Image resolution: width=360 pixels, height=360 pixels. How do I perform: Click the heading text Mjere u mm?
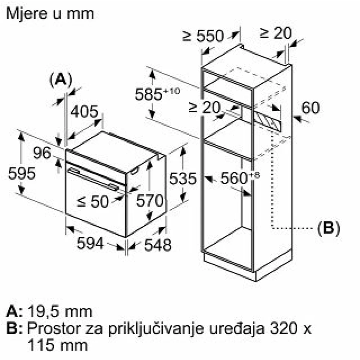coord(50,14)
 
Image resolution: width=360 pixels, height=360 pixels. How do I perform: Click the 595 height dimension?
coord(22,174)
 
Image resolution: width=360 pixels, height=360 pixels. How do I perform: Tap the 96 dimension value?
coord(42,153)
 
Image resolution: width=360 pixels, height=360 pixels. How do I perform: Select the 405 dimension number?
coord(84,112)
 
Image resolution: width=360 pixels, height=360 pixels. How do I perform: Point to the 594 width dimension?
coord(90,243)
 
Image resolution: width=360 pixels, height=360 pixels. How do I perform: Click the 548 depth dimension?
coord(158,245)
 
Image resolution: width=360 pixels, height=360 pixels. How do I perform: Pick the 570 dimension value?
coord(150,201)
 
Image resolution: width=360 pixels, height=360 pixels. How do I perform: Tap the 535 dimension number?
coord(183,179)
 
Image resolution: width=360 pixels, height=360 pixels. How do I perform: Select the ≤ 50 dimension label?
coord(93,201)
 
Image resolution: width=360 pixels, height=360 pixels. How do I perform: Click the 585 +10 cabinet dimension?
coord(157,94)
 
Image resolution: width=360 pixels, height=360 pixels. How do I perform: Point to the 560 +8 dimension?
coord(240,177)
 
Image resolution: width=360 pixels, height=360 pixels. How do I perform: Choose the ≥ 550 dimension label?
coord(203,36)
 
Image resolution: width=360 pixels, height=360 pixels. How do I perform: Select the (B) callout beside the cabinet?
coord(329,228)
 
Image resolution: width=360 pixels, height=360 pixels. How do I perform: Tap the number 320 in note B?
coord(284,328)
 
